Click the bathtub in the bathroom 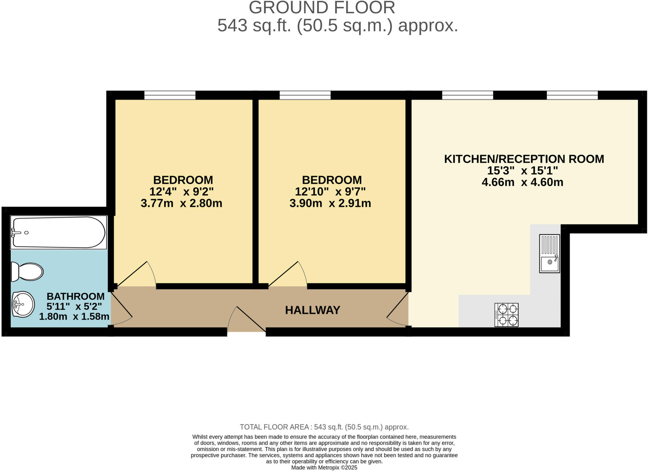pos(59,232)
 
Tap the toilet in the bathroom pos(27,272)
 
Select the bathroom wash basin pos(23,304)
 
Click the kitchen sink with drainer pos(550,254)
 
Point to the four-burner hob pos(506,315)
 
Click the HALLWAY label pos(313,310)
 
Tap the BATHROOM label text pos(76,296)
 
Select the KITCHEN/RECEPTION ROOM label pos(524,159)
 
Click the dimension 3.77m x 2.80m pos(181,203)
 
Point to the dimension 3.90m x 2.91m pos(330,203)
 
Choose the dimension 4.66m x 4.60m pos(522,182)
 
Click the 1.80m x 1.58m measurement pos(74,316)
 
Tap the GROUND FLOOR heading pos(322,8)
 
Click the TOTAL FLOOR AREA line pos(324,427)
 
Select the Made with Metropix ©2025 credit pos(324,468)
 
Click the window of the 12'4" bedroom pos(170,95)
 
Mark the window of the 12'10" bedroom pos(305,95)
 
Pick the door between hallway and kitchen pos(397,310)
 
